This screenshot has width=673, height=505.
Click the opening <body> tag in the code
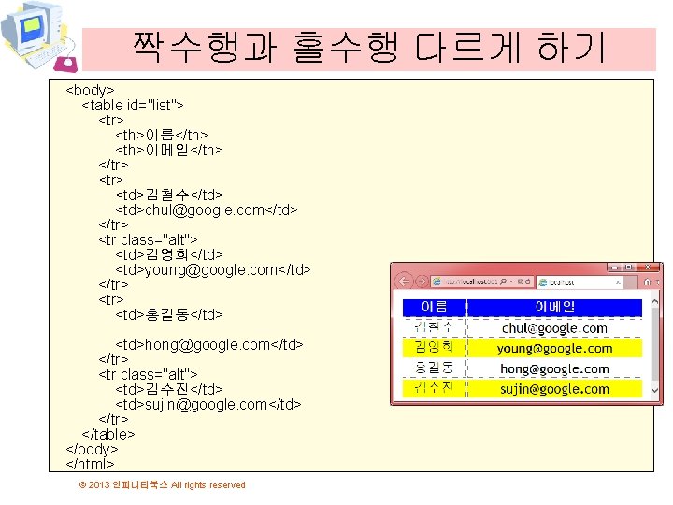pos(90,91)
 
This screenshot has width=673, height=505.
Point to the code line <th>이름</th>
pos(161,136)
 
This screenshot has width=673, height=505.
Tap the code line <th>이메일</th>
pos(169,151)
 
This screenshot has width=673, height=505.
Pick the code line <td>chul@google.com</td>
pos(207,210)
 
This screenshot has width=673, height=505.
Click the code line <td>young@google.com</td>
pos(213,270)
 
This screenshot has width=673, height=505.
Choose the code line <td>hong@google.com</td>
pos(209,345)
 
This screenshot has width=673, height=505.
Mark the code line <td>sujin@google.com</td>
pos(208,405)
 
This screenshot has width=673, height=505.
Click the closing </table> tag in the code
pos(109,435)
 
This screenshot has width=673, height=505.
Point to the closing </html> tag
pos(90,465)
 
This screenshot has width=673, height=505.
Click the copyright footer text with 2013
pos(163,485)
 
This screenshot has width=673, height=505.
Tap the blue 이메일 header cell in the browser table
pos(554,307)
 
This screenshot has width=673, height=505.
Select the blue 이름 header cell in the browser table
pos(435,307)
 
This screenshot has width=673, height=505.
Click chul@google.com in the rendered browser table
pos(554,328)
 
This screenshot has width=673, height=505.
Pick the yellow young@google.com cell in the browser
pos(554,349)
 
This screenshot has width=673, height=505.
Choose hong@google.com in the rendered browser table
pos(554,369)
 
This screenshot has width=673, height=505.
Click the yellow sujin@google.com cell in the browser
pos(554,389)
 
